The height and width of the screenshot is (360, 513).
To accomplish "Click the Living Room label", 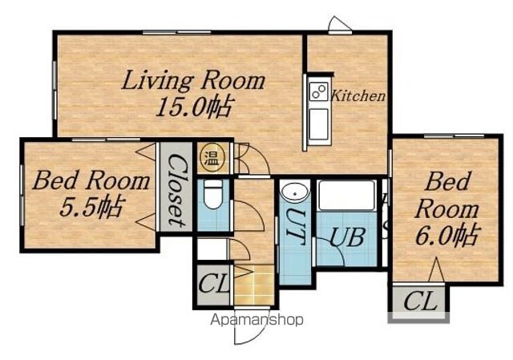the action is [x=193, y=81].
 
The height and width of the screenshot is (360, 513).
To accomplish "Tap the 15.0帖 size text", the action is [x=196, y=107].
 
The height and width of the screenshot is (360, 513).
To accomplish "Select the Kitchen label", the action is [x=358, y=96].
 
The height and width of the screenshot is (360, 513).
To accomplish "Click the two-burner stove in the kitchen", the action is [x=319, y=91].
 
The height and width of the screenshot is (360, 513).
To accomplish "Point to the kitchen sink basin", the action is [x=319, y=124].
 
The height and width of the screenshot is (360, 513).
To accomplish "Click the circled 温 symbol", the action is [x=212, y=159].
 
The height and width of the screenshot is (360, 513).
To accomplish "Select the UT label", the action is [x=295, y=226].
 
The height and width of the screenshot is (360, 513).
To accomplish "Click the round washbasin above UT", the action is [x=295, y=192].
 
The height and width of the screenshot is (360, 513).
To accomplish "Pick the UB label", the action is [x=347, y=237].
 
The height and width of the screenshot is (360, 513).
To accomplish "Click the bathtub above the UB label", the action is [x=347, y=196].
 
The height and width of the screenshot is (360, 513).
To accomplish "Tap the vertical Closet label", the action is [x=176, y=190].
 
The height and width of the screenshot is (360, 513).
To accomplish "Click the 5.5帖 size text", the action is [x=92, y=207].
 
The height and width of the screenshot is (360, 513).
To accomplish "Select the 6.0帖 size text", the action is [x=447, y=234].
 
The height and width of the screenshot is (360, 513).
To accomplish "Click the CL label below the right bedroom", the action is [x=420, y=301].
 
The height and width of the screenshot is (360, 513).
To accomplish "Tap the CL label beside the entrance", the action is [x=213, y=283].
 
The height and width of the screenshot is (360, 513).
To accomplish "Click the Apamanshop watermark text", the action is [x=256, y=320].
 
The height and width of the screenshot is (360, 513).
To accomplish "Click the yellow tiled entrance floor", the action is [x=255, y=285].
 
